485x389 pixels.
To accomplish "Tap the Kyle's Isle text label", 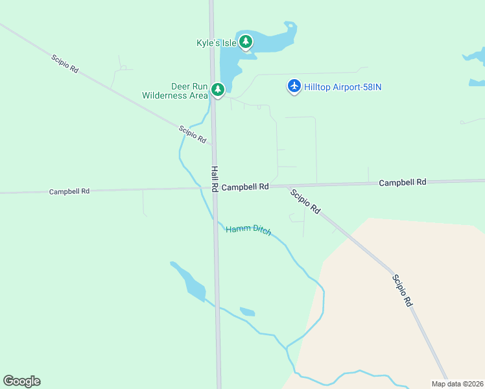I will coord(216,43).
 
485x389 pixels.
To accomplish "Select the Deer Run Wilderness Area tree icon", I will coord(219,89).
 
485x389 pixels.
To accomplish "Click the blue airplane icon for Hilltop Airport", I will coord(294,86).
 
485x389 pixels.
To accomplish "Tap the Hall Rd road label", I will coord(215,178).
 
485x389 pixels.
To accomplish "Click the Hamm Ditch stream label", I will coord(248,230).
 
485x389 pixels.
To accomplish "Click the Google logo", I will coord(22,381).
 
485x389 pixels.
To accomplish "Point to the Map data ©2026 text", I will coord(457,383).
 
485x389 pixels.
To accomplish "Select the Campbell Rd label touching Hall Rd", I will coord(244,187).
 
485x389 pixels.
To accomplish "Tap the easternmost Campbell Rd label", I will coord(403,183).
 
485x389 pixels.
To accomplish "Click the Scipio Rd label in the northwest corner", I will coord(65,63).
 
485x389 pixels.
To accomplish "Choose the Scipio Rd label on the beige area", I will coord(402,290).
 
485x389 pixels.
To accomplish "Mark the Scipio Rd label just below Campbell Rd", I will coord(305,202).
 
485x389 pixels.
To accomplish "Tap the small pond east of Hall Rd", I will coord(247,312).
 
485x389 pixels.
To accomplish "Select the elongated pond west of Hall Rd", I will coord(188,282).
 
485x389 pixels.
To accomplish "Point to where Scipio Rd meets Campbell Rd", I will coord(285,186).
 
